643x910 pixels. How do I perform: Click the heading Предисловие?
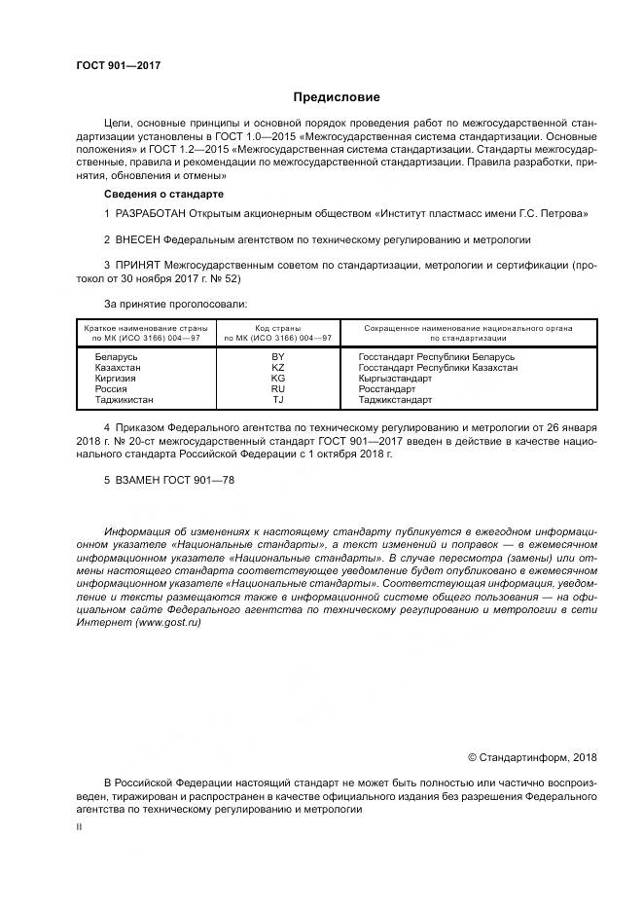click(337, 97)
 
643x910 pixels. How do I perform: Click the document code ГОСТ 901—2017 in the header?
click(118, 66)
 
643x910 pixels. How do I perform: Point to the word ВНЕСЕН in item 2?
click(139, 238)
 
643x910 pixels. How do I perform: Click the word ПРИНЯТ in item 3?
click(139, 264)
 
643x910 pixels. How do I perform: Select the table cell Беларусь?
click(116, 357)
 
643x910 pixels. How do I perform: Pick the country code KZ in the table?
click(277, 368)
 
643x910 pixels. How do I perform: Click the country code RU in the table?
click(277, 389)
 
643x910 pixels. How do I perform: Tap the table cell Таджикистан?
click(124, 400)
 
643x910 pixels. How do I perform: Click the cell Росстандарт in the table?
click(387, 389)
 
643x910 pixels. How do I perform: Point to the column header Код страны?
click(277, 329)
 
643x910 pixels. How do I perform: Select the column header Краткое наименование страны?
click(143, 329)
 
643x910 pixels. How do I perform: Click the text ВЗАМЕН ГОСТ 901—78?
click(169, 480)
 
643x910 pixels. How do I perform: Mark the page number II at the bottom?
click(79, 825)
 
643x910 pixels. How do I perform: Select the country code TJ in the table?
click(277, 400)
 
